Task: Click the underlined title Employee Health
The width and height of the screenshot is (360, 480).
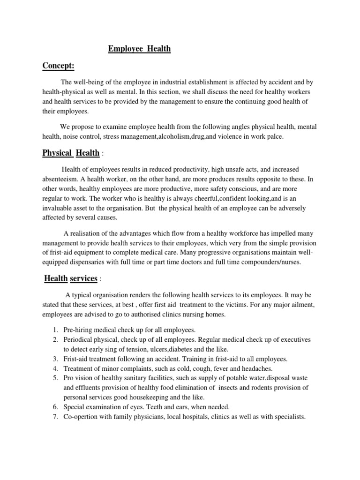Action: coord(140,49)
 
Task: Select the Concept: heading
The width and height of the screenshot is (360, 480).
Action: coord(59,66)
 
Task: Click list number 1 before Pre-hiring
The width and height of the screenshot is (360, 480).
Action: coord(55,330)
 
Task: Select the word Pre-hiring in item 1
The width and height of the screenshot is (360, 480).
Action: coord(80,330)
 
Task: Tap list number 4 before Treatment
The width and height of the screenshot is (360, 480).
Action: coord(55,368)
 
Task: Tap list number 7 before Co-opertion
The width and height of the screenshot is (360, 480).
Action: coord(55,417)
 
